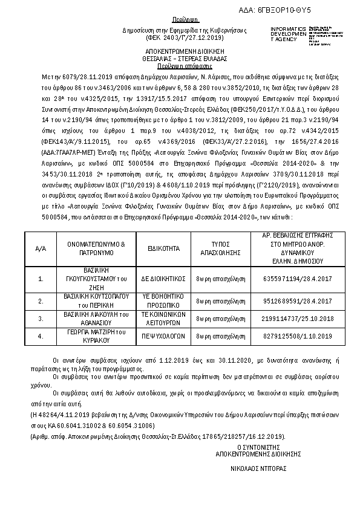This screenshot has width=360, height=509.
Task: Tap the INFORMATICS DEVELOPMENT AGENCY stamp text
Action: (x=287, y=34)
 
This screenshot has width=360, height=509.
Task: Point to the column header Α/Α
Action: (x=41, y=248)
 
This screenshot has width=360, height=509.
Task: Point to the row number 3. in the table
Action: (x=41, y=318)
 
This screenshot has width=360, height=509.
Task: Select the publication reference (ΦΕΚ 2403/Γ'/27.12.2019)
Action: (x=177, y=36)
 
